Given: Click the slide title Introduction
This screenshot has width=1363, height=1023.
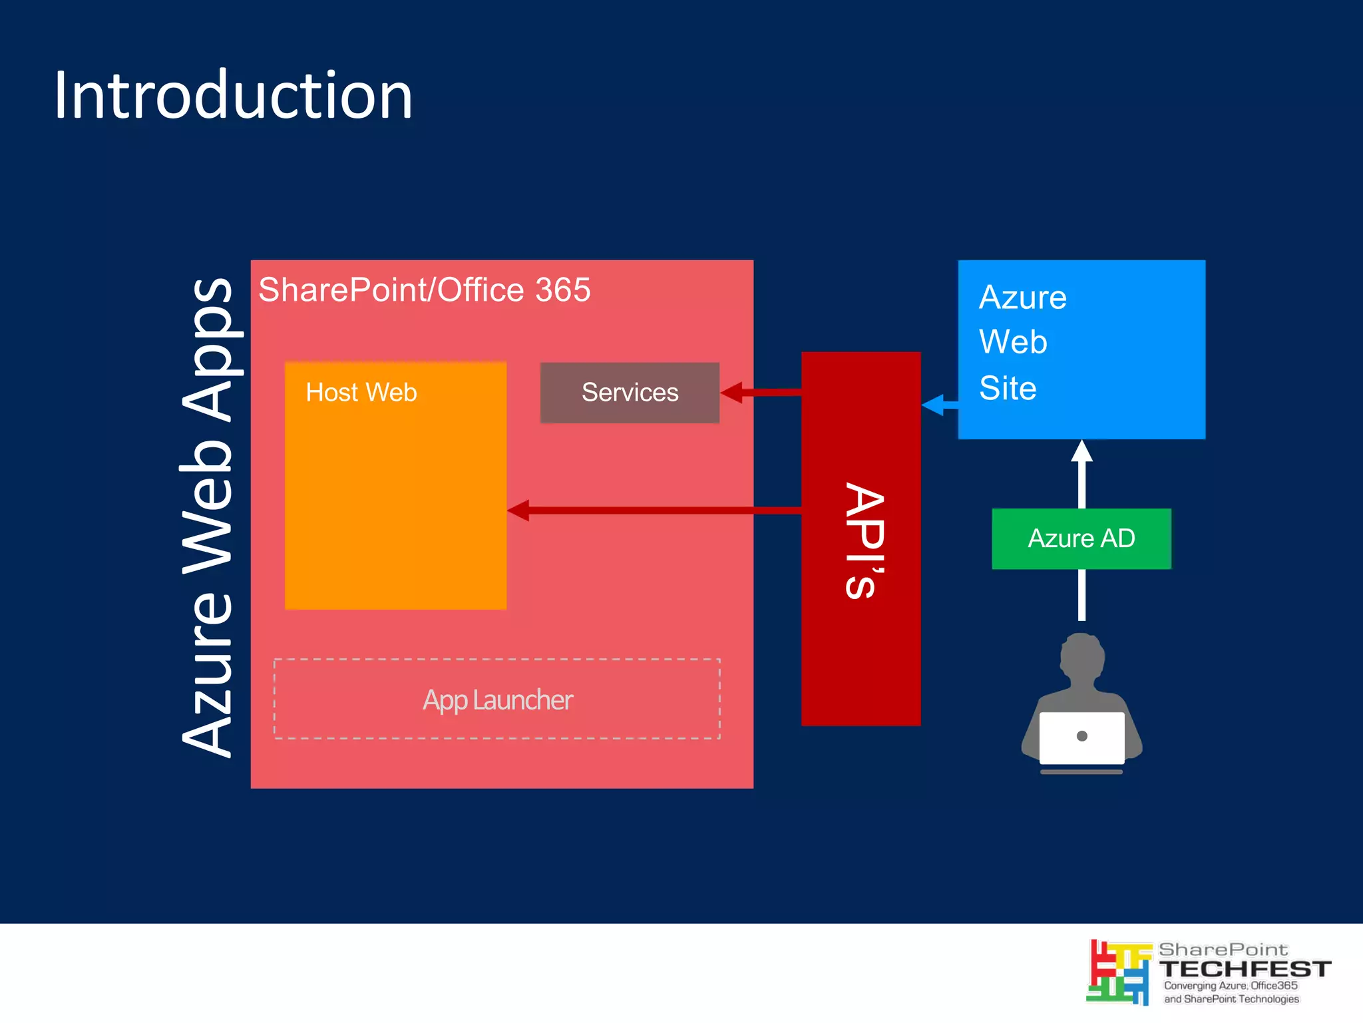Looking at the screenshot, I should (x=233, y=96).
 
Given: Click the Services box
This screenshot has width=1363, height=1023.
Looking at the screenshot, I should (x=630, y=393).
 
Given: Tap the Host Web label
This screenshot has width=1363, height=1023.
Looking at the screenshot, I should (x=361, y=393).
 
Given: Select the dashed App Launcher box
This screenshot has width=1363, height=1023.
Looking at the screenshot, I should (x=496, y=699).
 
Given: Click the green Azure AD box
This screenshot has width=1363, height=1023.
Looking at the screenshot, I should (x=1081, y=538).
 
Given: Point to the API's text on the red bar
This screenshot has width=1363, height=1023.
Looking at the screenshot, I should (x=864, y=540).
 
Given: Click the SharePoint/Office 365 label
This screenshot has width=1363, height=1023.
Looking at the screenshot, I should (x=424, y=290).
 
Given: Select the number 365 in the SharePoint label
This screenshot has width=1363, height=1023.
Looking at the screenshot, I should (x=562, y=290).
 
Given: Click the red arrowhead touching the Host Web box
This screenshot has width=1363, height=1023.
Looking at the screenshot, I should (x=518, y=511).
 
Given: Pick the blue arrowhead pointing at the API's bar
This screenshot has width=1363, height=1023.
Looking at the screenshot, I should (x=932, y=405).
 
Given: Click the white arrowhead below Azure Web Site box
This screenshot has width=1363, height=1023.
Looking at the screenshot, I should (x=1081, y=451).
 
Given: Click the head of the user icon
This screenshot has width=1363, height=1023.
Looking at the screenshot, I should (x=1082, y=656).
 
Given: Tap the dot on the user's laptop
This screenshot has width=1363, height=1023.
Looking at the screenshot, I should (x=1081, y=736).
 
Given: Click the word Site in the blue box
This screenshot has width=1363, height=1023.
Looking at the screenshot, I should (x=1008, y=389).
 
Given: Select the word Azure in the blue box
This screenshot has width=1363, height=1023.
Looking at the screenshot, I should (x=1023, y=298).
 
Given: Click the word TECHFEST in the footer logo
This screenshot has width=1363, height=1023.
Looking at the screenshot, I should (x=1244, y=968).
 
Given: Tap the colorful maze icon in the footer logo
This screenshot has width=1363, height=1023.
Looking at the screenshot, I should (x=1118, y=972).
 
